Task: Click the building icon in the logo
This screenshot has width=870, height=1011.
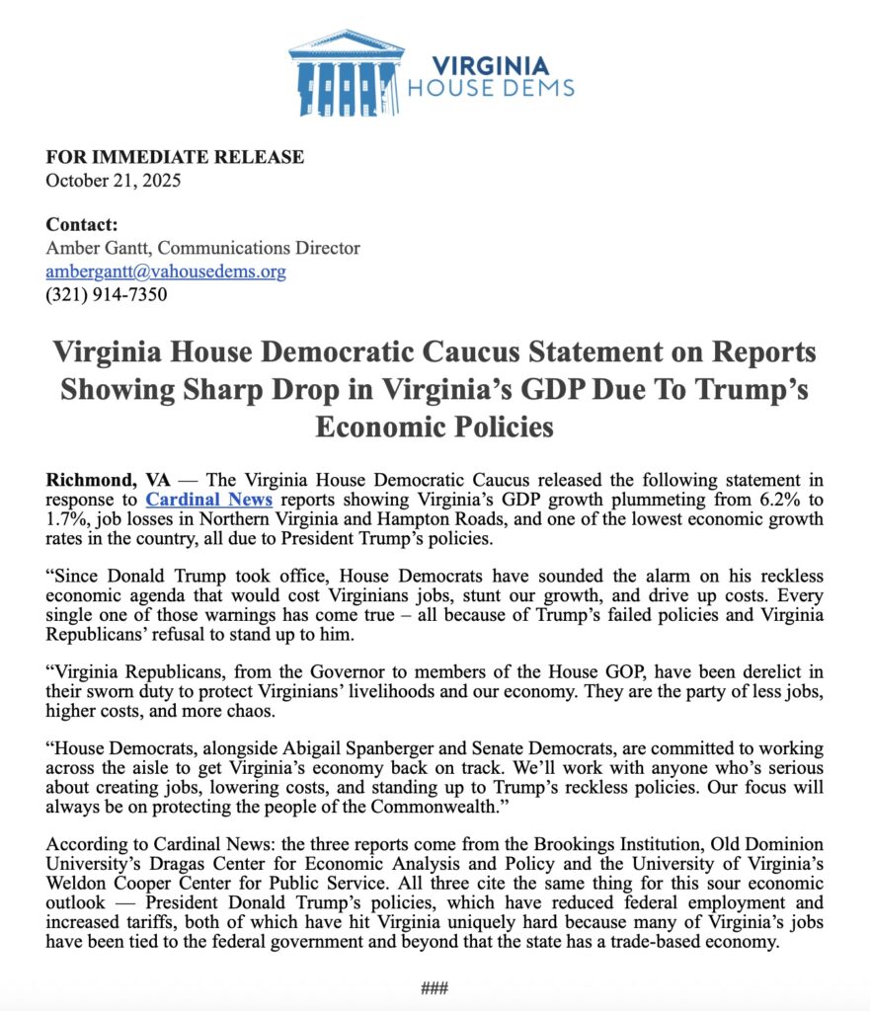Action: [x=346, y=73]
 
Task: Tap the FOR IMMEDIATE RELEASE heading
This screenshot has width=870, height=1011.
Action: [x=175, y=157]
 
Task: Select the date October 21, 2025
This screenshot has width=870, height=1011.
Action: [x=114, y=180]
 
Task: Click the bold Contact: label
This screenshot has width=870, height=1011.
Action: [x=82, y=225]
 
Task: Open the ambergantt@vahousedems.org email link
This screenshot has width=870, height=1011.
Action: [x=166, y=271]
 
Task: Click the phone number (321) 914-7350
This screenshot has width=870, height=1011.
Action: [x=107, y=293]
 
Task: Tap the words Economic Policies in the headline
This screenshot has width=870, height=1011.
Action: [x=435, y=428]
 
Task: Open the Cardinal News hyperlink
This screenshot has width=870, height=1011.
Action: [x=209, y=501]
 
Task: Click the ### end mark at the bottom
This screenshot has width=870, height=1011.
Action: [x=435, y=987]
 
